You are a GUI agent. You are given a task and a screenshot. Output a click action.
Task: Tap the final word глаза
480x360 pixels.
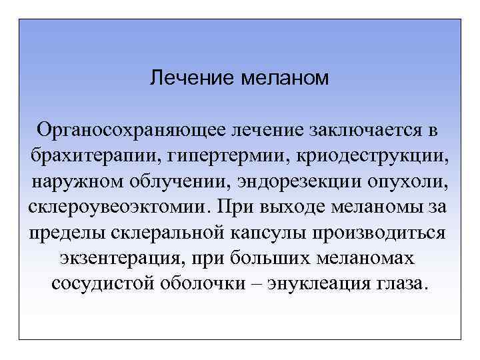point(399,282)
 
